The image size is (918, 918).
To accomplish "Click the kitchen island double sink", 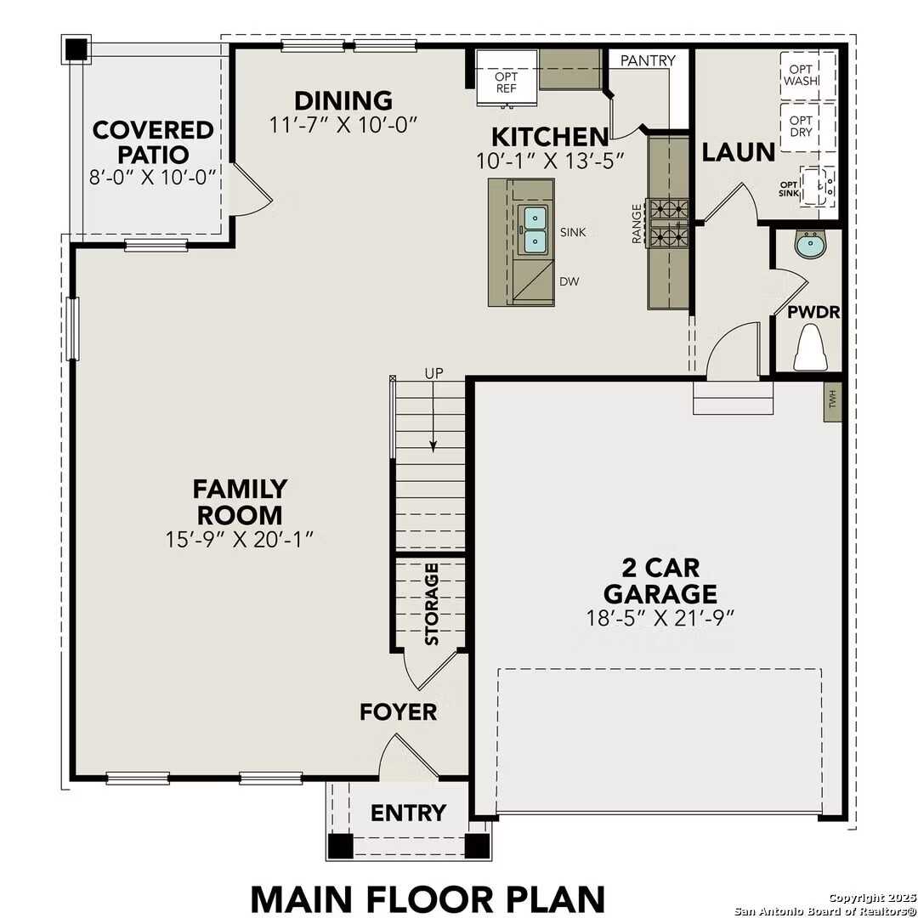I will pyautogui.click(x=535, y=229).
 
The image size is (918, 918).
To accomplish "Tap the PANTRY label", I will pyautogui.click(x=648, y=60).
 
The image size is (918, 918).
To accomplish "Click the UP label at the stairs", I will pyautogui.click(x=433, y=373).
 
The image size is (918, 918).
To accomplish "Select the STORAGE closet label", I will pyautogui.click(x=432, y=603).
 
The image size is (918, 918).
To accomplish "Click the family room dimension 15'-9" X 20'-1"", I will pyautogui.click(x=241, y=539).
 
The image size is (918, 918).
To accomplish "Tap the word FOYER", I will pyautogui.click(x=398, y=711).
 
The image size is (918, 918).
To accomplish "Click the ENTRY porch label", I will pyautogui.click(x=408, y=813).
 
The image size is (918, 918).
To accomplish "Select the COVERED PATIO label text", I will pyautogui.click(x=153, y=142).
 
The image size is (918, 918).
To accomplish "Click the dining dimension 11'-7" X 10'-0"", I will pyautogui.click(x=343, y=125).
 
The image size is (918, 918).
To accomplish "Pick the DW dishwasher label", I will pyautogui.click(x=569, y=281).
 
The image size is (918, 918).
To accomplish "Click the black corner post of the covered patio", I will pyautogui.click(x=76, y=49).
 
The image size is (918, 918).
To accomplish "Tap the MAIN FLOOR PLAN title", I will pyautogui.click(x=428, y=898).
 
